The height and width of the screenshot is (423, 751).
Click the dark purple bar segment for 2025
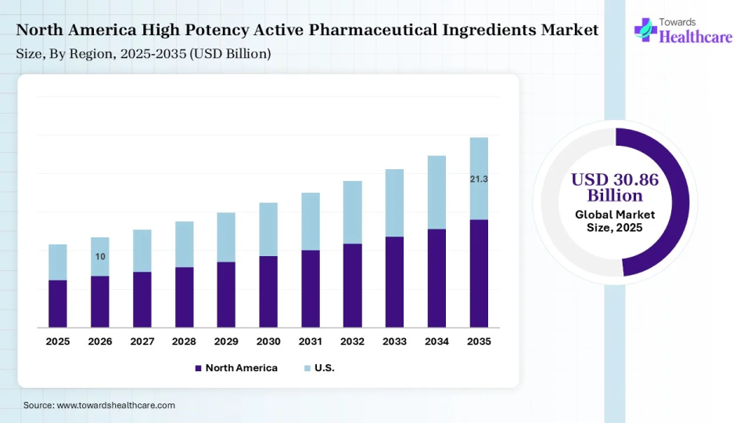58,304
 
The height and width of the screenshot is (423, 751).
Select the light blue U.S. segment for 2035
479,178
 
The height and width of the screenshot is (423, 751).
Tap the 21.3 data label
479,179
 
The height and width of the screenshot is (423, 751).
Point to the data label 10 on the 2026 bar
100,257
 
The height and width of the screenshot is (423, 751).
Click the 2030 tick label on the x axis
268,342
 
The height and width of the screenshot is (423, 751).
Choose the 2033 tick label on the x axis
394,342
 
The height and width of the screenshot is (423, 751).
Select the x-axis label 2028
184,342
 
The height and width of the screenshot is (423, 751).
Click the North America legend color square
199,368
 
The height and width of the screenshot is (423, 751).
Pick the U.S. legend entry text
325,368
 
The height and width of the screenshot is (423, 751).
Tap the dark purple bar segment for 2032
353,285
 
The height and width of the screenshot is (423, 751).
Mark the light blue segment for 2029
226,237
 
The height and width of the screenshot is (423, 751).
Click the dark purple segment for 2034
437,278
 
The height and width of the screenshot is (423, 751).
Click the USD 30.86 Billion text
615,187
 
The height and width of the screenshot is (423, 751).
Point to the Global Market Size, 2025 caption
615,221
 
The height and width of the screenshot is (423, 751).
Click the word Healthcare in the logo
696,36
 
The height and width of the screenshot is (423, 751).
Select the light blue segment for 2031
311,221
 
